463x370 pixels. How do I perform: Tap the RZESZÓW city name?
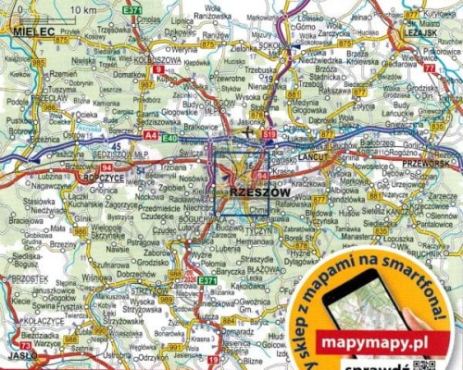[253, 191]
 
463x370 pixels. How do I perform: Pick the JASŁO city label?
[19, 355]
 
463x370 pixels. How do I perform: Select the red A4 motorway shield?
[151, 137]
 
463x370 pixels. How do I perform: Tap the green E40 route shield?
[169, 138]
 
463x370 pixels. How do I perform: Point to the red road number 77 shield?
[429, 68]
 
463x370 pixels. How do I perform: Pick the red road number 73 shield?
[25, 345]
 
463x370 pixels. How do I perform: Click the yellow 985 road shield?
[38, 62]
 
